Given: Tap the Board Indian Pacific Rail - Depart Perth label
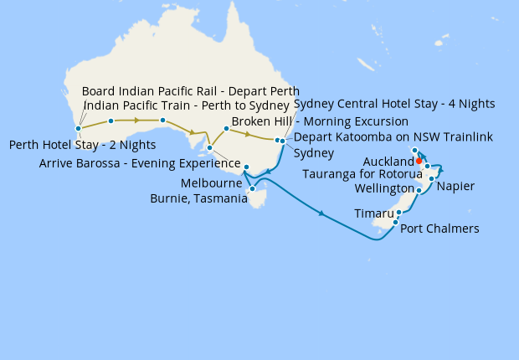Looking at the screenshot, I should [x=190, y=91].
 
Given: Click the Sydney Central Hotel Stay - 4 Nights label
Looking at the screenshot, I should [x=394, y=104].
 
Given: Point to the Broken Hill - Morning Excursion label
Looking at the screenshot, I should [x=320, y=121].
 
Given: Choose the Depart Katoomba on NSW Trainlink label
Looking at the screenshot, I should [x=393, y=136].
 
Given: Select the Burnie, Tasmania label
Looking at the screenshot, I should [x=198, y=198].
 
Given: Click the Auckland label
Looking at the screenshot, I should [x=389, y=161].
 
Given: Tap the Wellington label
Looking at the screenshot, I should [x=384, y=188].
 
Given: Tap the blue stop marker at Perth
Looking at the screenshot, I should [x=78, y=129].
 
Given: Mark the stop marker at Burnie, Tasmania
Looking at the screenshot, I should [x=252, y=189].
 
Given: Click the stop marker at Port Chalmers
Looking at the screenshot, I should [x=395, y=222].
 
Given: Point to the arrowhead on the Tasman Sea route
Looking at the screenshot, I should [x=321, y=214].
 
